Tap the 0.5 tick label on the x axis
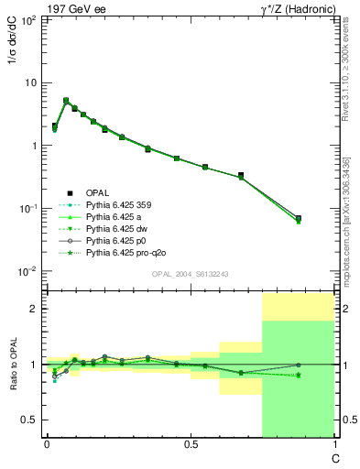(x=191, y=444)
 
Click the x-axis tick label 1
(x=333, y=444)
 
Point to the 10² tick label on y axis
(x=28, y=19)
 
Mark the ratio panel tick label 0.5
(x=30, y=420)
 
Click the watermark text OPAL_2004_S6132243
(x=191, y=274)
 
